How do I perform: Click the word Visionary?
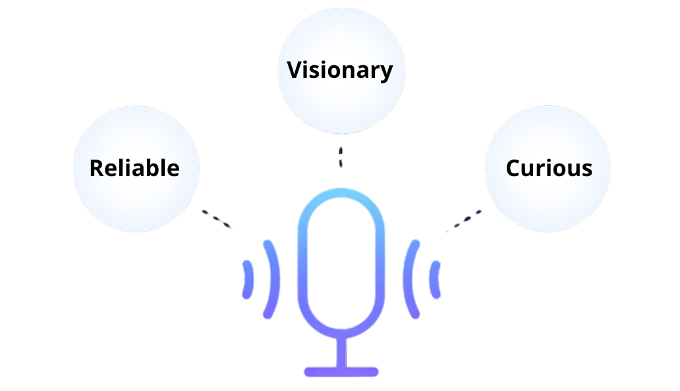340,70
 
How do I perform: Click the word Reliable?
134,168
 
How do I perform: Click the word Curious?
549,168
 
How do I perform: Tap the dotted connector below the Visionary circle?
341,158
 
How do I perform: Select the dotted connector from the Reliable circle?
218,220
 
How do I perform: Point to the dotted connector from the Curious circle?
464,221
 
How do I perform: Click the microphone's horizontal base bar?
341,372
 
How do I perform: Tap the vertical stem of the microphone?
341,352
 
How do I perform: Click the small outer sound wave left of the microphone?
248,279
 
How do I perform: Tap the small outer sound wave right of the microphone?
436,279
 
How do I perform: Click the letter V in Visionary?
294,69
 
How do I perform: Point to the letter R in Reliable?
97,168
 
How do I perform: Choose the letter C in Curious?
513,168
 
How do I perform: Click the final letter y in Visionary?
387,72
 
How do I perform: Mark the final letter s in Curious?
586,169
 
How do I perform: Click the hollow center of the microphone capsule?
341,264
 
